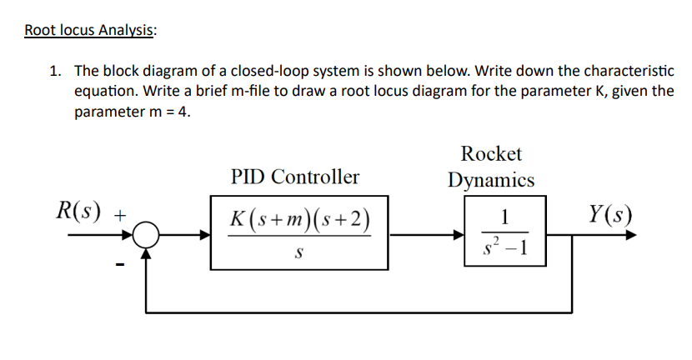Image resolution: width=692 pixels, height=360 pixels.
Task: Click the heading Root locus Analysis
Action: tap(89, 31)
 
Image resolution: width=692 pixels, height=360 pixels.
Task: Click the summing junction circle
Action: tap(148, 236)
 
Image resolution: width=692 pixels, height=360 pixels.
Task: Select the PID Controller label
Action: tap(295, 177)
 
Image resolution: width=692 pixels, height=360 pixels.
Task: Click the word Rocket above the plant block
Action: tap(491, 153)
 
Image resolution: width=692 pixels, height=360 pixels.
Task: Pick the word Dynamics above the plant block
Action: tap(491, 179)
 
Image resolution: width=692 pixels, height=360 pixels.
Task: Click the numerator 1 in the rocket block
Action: tap(503, 217)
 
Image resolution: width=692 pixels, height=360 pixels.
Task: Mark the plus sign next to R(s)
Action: tap(120, 215)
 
